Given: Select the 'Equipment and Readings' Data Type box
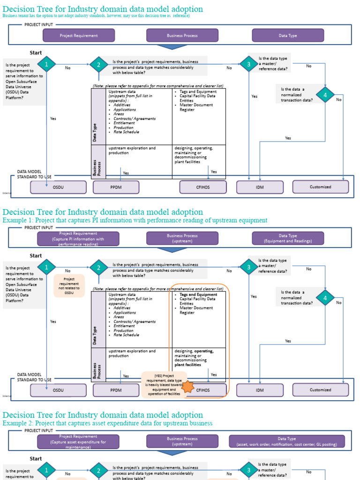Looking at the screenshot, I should [288, 238].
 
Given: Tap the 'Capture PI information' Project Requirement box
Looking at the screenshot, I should [78, 238].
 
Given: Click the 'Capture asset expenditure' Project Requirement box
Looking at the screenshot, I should [78, 441].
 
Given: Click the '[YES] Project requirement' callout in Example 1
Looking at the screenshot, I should [164, 384].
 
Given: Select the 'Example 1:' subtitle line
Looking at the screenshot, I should [135, 220].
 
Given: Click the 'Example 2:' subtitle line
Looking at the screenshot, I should [107, 423].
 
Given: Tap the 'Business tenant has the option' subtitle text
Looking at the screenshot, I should [96, 15].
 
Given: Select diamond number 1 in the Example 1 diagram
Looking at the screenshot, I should [46, 267].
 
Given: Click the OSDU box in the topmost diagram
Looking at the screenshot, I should [58, 187].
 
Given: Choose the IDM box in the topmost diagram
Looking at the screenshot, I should [260, 187].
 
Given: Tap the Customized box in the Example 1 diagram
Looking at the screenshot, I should [321, 390].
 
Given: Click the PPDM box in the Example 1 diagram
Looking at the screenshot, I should [116, 390].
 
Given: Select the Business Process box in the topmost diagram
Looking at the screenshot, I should [182, 35].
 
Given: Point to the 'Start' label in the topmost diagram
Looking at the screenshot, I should [36, 53].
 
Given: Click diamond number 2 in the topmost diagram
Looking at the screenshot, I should [98, 65].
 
